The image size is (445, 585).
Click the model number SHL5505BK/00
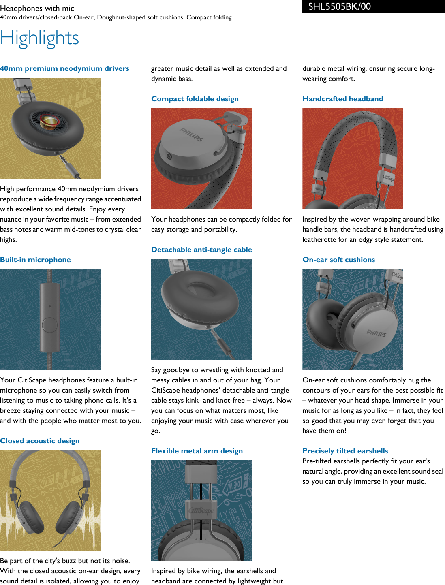pyautogui.click(x=339, y=6)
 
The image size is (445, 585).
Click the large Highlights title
pyautogui.click(x=39, y=38)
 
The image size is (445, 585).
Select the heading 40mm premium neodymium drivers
pyautogui.click(x=64, y=68)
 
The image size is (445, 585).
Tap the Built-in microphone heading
pyautogui.click(x=35, y=260)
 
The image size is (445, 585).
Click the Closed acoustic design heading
pyautogui.click(x=40, y=441)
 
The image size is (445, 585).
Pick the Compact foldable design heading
pyautogui.click(x=195, y=99)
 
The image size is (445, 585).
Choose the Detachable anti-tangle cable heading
pyautogui.click(x=201, y=250)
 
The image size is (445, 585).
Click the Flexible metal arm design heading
pyautogui.click(x=197, y=451)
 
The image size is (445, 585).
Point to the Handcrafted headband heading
pyautogui.click(x=342, y=99)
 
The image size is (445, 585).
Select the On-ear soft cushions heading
pyautogui.click(x=338, y=260)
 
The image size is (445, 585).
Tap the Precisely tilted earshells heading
pyautogui.click(x=345, y=451)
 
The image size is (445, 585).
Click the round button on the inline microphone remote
pyautogui.click(x=50, y=325)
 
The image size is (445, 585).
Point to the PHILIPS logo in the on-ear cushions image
pyautogui.click(x=376, y=333)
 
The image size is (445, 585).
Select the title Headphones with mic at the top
pyautogui.click(x=37, y=8)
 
